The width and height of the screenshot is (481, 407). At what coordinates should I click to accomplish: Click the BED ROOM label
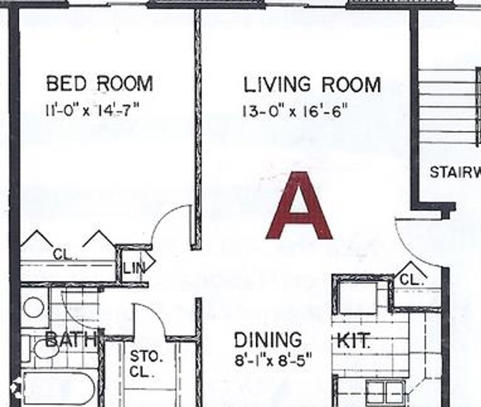[99, 83]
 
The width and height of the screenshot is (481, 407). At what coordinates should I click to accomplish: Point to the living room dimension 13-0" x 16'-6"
[294, 112]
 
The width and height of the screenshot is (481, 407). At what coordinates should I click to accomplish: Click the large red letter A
[299, 207]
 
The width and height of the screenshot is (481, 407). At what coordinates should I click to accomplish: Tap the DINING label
[268, 340]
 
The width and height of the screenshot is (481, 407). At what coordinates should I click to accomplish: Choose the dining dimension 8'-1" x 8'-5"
[273, 361]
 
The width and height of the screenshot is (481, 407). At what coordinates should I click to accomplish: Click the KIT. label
[353, 341]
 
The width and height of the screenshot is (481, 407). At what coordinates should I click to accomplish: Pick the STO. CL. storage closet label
[146, 364]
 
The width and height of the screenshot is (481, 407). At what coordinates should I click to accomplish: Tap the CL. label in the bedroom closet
[65, 255]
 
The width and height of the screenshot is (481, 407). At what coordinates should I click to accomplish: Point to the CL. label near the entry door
[411, 280]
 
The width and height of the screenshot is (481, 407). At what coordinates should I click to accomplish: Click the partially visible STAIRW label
[455, 173]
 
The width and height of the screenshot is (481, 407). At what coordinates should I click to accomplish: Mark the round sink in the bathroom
[34, 308]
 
